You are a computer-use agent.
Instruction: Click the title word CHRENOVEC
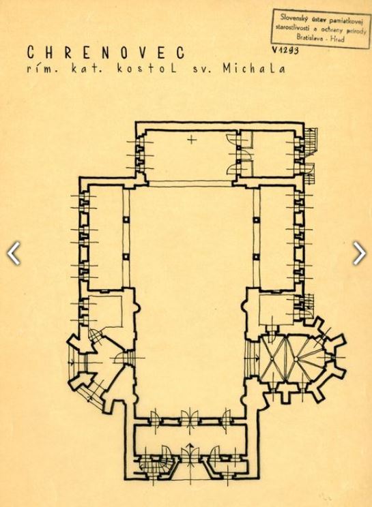click(106, 52)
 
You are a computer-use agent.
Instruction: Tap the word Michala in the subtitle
click(254, 69)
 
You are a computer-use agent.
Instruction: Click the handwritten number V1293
click(285, 50)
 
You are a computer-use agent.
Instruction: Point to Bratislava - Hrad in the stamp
click(320, 37)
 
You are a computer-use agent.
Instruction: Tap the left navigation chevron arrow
click(14, 253)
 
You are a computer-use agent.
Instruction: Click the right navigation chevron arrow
click(359, 253)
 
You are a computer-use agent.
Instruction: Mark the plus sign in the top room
click(192, 140)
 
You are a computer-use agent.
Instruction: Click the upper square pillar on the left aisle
click(126, 219)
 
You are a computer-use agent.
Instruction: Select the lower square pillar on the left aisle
click(126, 257)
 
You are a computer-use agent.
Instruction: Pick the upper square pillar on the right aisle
click(256, 220)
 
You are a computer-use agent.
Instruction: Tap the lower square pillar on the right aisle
click(256, 257)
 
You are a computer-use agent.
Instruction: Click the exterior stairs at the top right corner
click(311, 140)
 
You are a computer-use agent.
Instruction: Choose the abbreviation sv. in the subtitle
click(202, 70)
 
